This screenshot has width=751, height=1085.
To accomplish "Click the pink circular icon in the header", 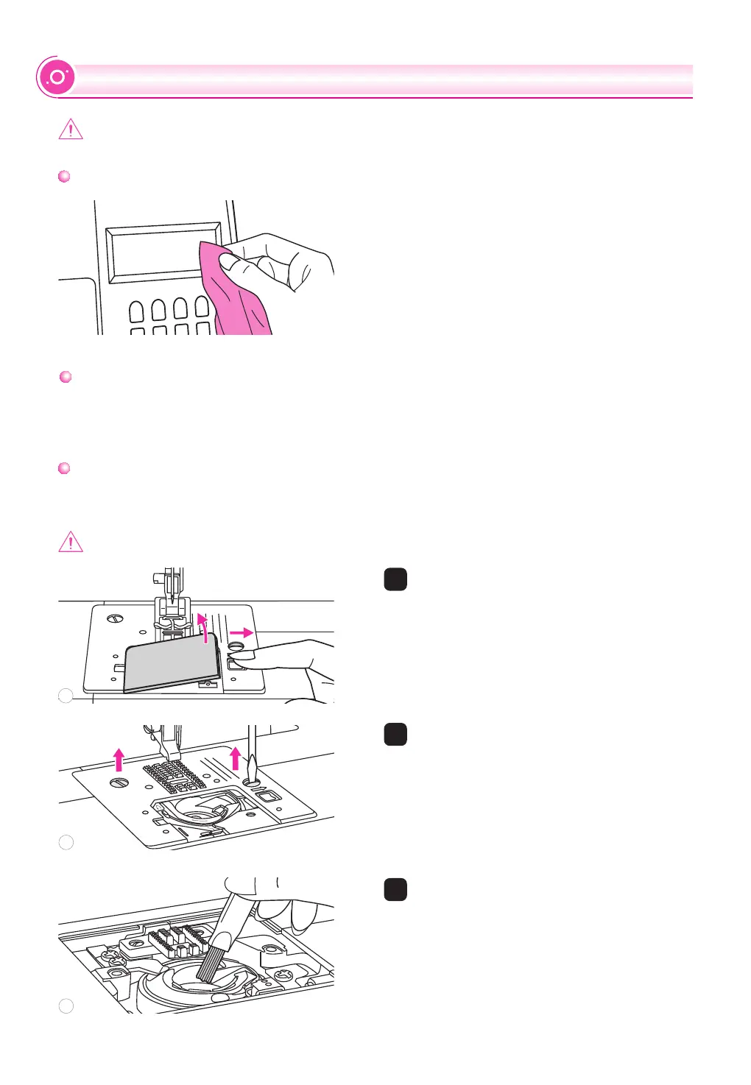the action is tap(57, 77).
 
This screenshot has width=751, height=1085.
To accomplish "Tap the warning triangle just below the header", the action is tap(71, 130).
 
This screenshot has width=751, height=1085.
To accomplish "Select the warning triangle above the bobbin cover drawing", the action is tap(71, 542).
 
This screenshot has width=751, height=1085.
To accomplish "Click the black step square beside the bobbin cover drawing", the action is tap(395, 579).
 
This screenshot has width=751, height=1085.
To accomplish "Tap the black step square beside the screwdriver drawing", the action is tap(395, 734).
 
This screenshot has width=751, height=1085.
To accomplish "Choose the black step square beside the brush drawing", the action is tap(395, 889).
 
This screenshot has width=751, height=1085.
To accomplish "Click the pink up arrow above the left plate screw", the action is tap(119, 759).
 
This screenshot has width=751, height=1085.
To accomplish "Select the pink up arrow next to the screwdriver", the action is tap(236, 757).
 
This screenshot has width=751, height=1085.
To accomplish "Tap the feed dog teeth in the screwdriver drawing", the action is tap(175, 775).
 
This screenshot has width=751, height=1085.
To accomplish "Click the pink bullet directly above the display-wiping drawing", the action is tap(64, 177).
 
